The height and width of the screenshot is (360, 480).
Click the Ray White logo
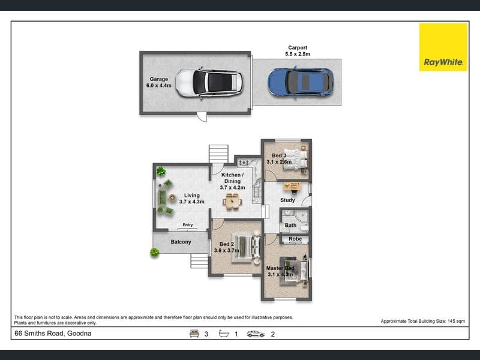tap(443, 47)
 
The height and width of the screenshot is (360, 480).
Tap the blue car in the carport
tap(301, 82)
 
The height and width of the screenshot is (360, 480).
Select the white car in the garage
tap(209, 83)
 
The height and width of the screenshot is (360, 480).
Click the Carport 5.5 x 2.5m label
tap(298, 51)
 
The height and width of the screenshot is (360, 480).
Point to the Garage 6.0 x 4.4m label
tap(158, 82)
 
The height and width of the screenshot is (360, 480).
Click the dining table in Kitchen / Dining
tap(232, 202)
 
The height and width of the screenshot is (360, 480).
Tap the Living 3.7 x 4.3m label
tap(191, 199)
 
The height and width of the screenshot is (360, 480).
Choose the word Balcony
tap(181, 242)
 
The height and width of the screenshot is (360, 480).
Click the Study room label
tap(287, 200)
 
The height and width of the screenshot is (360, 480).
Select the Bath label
tap(290, 226)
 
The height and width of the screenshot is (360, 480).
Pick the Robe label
tap(295, 239)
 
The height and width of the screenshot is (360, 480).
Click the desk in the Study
tap(292, 187)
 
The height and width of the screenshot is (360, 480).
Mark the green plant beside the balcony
tap(155, 252)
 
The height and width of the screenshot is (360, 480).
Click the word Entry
tap(188, 224)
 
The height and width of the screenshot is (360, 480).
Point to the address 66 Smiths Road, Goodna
tap(53, 334)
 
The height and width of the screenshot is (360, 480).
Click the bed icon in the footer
tap(194, 334)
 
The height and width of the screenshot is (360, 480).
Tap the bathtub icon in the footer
tap(224, 334)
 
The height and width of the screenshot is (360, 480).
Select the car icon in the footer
tap(256, 334)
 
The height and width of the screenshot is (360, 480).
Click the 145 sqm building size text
tap(456, 321)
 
